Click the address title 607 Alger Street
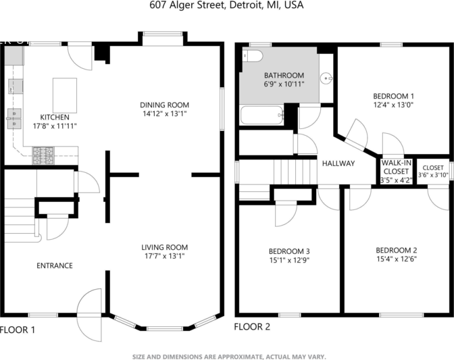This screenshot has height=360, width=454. click(226, 5)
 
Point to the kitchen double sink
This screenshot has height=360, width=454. click(14, 119)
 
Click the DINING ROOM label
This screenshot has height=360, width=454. click(164, 105)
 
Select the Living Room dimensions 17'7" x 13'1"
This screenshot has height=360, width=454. click(164, 256)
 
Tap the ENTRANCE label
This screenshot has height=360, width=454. click(54, 265)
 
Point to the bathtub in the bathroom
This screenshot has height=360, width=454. click(262, 115)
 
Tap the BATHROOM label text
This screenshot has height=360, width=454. click(284, 75)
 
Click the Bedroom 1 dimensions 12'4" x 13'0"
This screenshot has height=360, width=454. click(393, 105)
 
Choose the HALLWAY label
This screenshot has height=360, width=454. click(338, 163)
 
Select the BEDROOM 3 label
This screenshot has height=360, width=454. click(288, 251)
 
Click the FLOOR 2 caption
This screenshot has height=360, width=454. click(252, 326)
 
